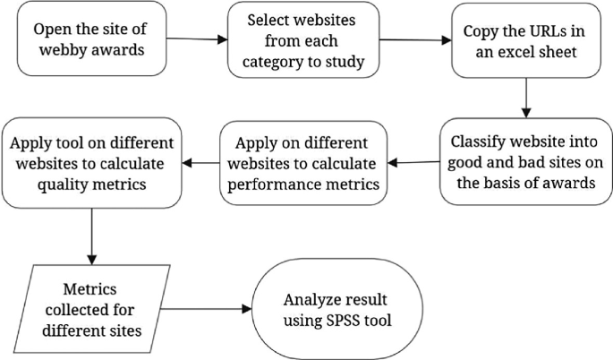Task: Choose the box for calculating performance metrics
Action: [304, 163]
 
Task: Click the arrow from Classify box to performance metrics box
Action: [415, 162]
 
